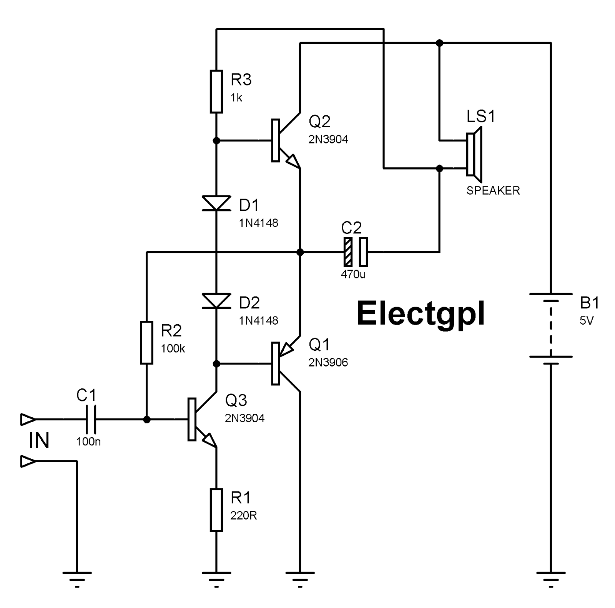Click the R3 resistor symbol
pos(216,92)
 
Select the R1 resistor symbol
pos(216,510)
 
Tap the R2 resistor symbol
pos(146,343)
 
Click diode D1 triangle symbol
pos(216,203)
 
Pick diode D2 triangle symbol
pos(216,300)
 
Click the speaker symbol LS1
pos(474,154)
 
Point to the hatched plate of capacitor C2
pos(347,252)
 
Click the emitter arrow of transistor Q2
pos(292,160)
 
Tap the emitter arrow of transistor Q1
pos(286,348)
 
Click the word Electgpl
pos(421,314)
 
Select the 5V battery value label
pos(587,321)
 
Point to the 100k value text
pos(173,349)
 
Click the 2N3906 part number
pos(328,363)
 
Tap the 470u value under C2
pos(353,275)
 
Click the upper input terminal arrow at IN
pos(28,419)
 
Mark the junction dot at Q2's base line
pos(216,141)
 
